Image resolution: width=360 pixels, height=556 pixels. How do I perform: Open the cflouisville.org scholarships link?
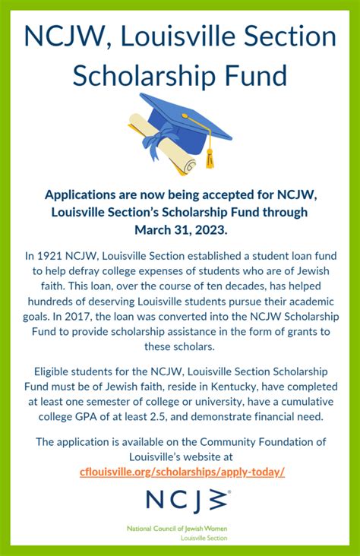coord(182,472)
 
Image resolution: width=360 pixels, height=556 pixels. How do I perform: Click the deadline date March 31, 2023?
coord(180,228)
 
